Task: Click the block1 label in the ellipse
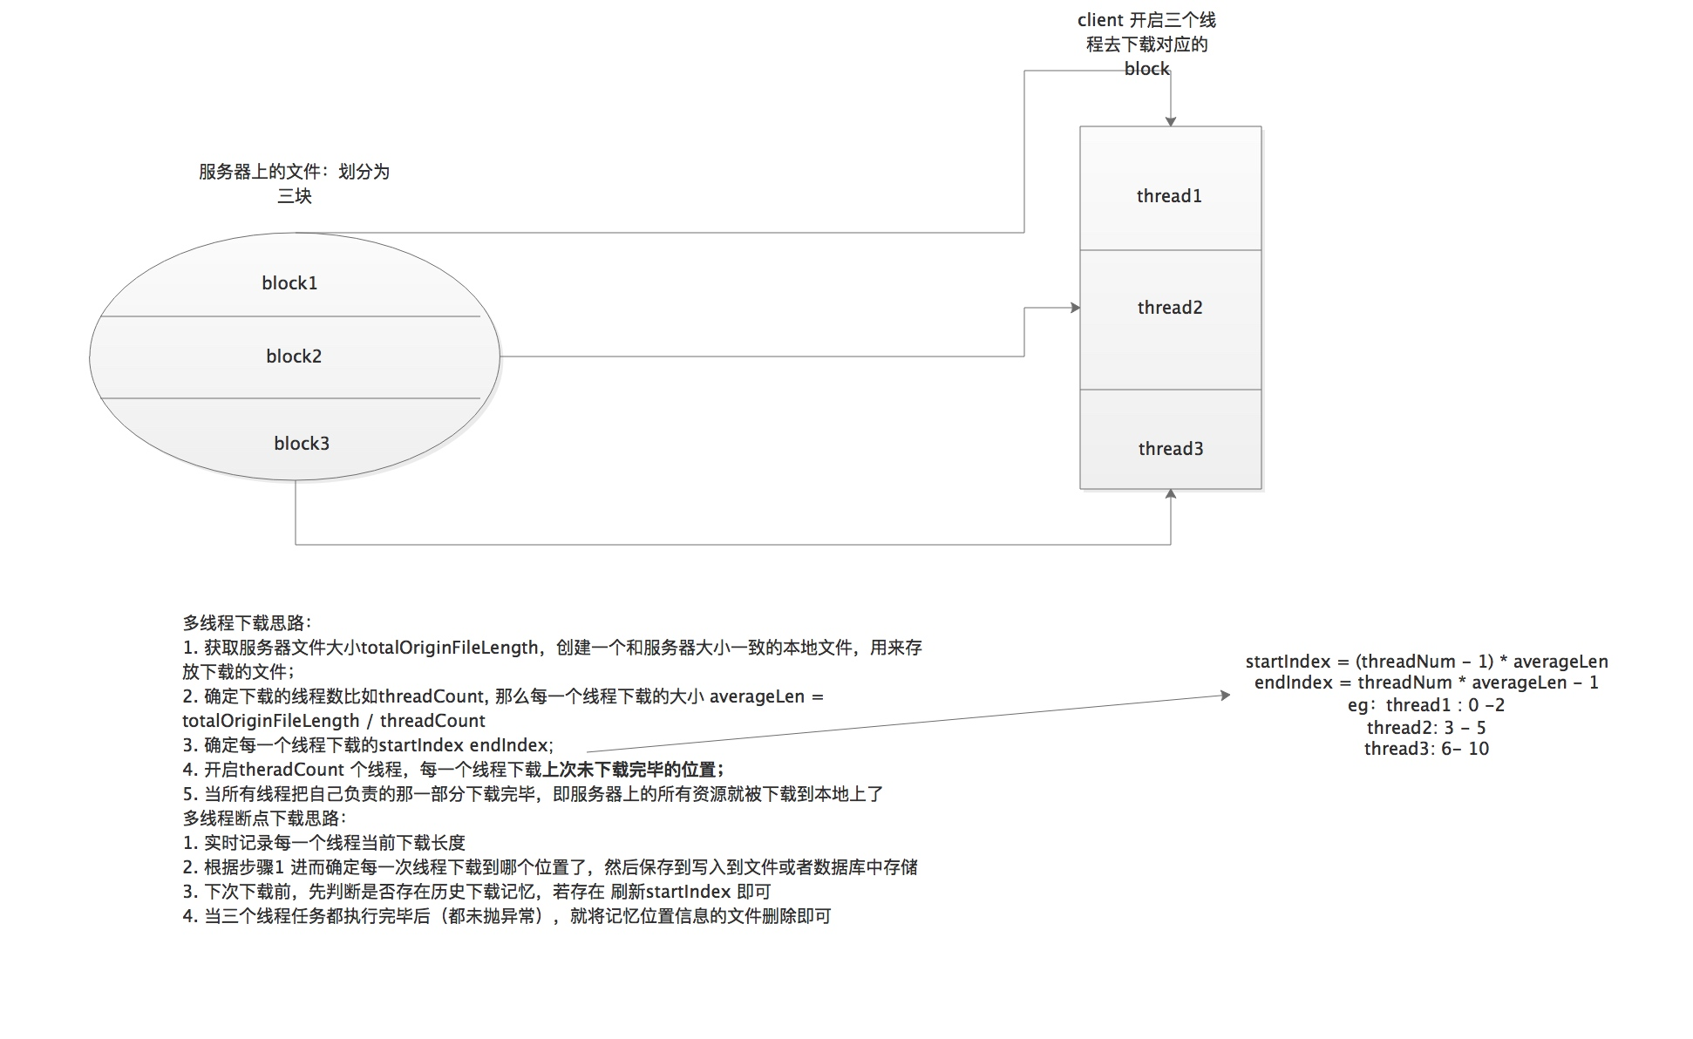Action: (x=289, y=283)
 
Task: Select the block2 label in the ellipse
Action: (x=294, y=357)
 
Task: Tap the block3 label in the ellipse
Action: (x=302, y=444)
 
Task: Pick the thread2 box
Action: (x=1170, y=319)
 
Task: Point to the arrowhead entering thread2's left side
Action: (x=1075, y=308)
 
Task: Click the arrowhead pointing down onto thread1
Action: (x=1171, y=121)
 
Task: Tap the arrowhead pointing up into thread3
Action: (x=1171, y=494)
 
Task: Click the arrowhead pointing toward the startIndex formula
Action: (x=1225, y=695)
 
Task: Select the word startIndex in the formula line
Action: (x=1288, y=662)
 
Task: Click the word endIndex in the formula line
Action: (x=1293, y=682)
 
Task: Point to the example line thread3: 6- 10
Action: (x=1426, y=749)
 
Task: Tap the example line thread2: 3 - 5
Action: (x=1426, y=728)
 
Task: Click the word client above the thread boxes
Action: (x=1100, y=20)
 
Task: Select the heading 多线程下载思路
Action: (x=247, y=623)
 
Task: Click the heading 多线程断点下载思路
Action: (x=264, y=818)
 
